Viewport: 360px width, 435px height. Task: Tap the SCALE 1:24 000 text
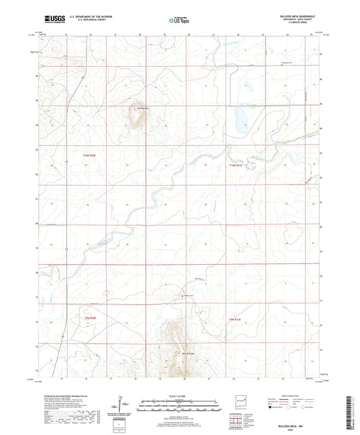(x=179, y=395)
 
